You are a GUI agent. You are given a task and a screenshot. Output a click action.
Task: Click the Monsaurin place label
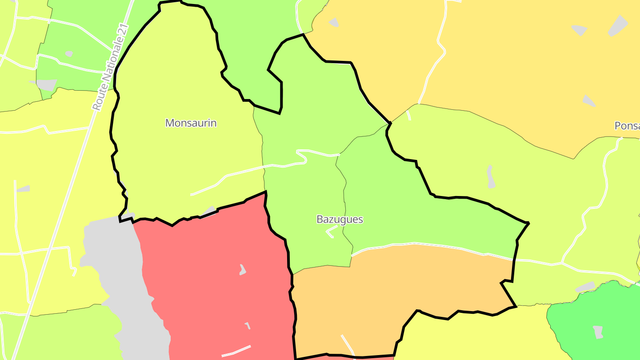[191, 123]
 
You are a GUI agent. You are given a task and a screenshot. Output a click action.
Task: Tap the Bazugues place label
[340, 219]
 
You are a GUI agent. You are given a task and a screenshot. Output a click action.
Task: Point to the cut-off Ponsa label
[627, 126]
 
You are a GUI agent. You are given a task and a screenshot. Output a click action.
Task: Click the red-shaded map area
[213, 276]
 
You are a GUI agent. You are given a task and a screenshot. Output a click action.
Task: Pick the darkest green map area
[596, 320]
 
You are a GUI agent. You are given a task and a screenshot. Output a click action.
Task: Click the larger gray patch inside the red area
[242, 270]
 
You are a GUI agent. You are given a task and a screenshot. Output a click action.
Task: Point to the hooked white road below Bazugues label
[331, 232]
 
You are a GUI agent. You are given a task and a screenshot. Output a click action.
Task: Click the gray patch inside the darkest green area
[598, 332]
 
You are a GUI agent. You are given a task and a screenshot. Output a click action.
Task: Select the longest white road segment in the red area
[236, 351]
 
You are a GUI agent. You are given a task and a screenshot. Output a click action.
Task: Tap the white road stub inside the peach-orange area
[347, 344]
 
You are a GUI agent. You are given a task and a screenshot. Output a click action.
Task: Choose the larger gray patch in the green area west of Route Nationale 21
[46, 84]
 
